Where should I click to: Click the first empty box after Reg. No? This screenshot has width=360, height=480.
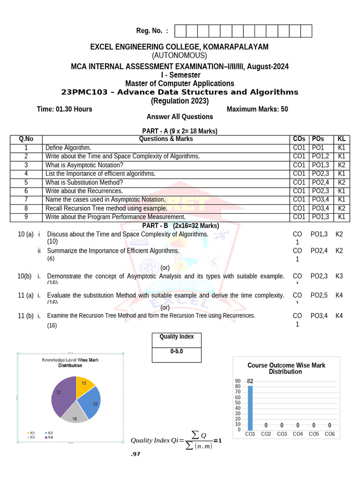click(x=180, y=31)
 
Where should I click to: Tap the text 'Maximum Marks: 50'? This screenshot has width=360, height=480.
click(x=257, y=109)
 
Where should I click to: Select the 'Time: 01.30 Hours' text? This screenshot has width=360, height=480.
click(x=64, y=109)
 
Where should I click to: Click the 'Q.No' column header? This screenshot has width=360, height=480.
click(x=26, y=139)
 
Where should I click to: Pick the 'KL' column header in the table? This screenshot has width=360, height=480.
click(x=341, y=139)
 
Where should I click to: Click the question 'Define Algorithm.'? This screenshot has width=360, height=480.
click(x=68, y=148)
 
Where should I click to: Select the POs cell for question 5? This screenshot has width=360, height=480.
click(x=321, y=182)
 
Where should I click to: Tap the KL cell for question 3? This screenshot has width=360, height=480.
click(x=341, y=165)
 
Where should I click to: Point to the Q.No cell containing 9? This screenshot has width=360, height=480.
click(x=26, y=217)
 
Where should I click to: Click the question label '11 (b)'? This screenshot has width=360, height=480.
click(x=25, y=316)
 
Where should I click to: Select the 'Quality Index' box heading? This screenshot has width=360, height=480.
click(x=176, y=337)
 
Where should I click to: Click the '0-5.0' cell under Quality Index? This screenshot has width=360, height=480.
click(x=176, y=351)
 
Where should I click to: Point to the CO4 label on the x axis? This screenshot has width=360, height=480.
click(x=298, y=434)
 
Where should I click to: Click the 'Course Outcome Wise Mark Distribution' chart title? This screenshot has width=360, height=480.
click(x=286, y=368)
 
